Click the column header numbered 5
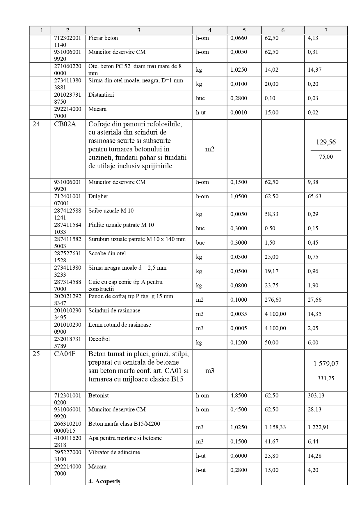click(244, 30)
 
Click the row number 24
click(36, 124)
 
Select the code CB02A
click(65, 124)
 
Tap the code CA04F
click(65, 354)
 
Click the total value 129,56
click(326, 142)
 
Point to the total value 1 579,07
click(326, 364)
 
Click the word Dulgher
click(98, 197)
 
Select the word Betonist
click(99, 396)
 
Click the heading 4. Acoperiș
click(104, 481)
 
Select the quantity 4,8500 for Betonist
click(239, 396)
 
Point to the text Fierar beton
click(103, 38)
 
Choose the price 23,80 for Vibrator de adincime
click(272, 456)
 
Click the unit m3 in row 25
click(210, 371)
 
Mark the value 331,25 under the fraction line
click(326, 378)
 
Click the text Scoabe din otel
click(107, 254)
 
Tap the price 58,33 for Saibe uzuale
click(271, 214)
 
